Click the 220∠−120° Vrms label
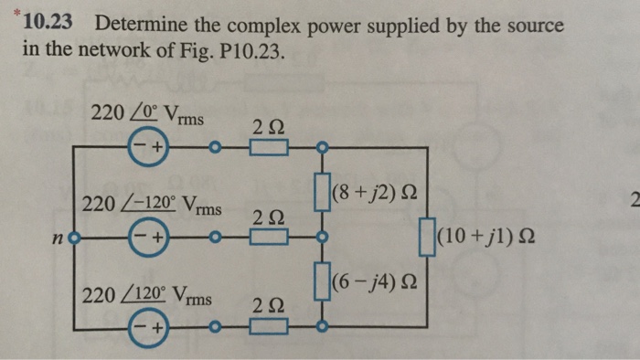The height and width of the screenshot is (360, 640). pyautogui.click(x=151, y=204)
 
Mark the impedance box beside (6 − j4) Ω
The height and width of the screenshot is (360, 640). pyautogui.click(x=322, y=281)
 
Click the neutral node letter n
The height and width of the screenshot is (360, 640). pyautogui.click(x=59, y=242)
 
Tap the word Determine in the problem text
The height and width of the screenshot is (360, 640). pyautogui.click(x=144, y=25)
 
